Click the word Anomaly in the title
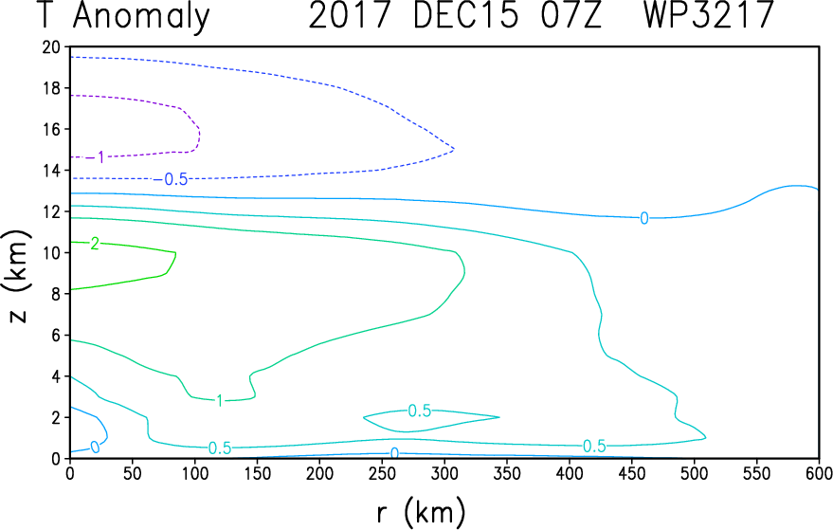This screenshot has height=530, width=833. point(141,17)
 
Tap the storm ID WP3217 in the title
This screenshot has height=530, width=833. point(708,14)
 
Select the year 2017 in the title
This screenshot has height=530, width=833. point(349,14)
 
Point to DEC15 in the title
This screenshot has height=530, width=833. point(465,14)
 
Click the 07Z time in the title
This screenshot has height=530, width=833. point(570,14)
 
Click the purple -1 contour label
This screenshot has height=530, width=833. point(96,156)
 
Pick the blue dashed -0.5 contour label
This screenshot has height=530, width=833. point(172,180)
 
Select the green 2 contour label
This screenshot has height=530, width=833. point(95,244)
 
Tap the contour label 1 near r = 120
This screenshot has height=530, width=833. point(220,400)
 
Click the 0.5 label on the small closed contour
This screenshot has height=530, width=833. point(419,411)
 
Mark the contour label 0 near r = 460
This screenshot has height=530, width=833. point(643,218)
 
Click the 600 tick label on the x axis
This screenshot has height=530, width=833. point(819,472)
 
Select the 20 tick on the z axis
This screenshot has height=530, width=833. point(51,47)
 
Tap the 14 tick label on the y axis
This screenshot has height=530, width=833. point(51,171)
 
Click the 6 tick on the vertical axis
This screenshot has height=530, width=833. point(56,336)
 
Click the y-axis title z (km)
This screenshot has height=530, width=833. point(18,276)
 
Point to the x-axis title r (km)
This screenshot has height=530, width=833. point(422,512)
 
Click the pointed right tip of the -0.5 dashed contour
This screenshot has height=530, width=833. point(454,150)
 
